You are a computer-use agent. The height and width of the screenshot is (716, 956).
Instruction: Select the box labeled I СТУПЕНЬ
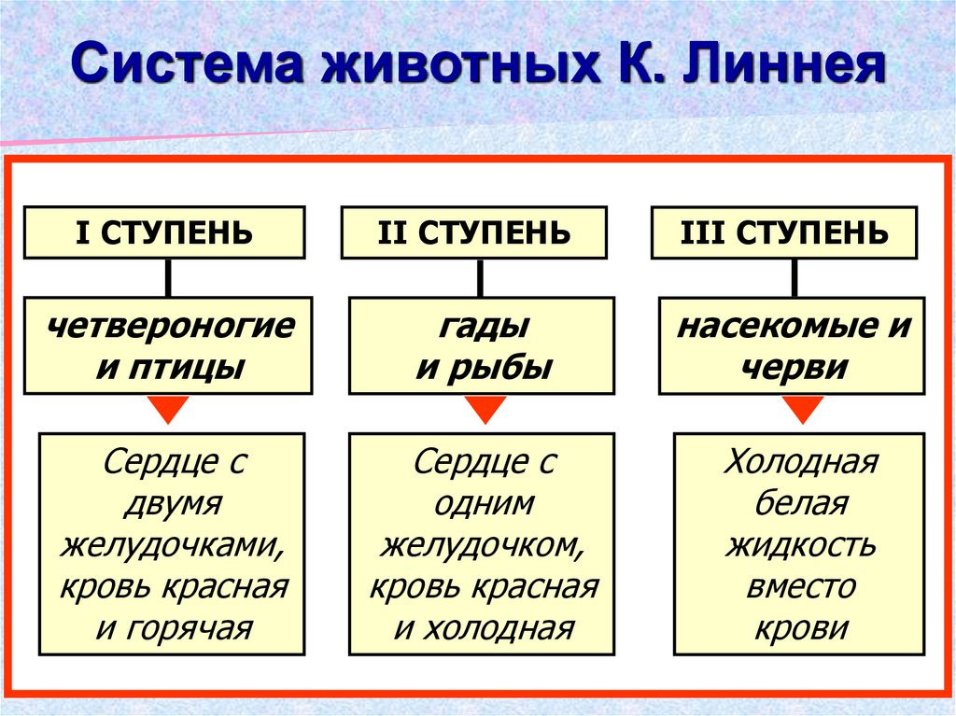coord(163,232)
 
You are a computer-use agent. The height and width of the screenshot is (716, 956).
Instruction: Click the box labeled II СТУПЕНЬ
coord(474,232)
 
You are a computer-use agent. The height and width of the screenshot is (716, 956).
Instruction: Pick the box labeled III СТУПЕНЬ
coord(782,232)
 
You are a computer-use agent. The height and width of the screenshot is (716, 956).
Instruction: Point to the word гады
coord(483,327)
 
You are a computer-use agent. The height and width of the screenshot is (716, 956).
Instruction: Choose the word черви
coord(794,367)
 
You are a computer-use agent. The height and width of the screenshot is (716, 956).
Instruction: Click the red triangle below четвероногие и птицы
coord(168,408)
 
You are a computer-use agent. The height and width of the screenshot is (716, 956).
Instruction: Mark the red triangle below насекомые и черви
coord(802,408)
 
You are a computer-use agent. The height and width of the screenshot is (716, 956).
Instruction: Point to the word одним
coord(484,503)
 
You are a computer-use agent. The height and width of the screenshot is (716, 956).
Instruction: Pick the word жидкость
coord(801,545)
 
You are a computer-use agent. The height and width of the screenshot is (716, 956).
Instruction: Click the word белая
coord(801,503)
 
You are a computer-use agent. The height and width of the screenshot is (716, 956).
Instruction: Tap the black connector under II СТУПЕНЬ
coord(480,277)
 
